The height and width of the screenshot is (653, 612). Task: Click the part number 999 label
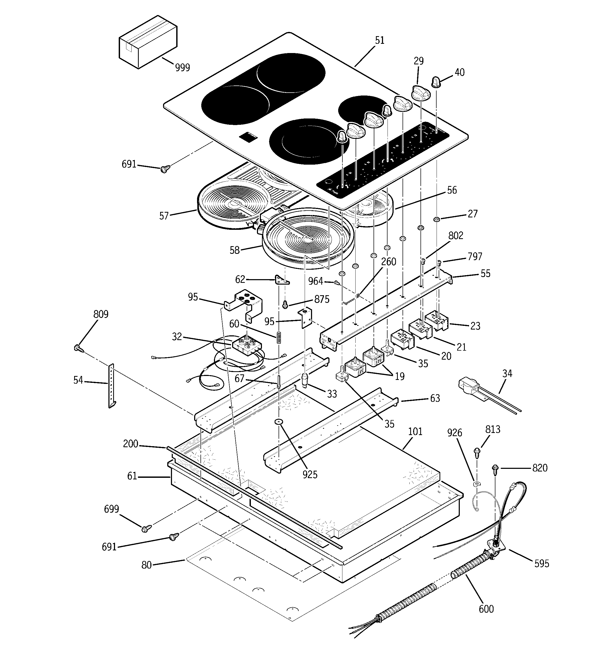click(x=182, y=67)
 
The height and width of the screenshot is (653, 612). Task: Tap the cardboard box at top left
click(x=147, y=43)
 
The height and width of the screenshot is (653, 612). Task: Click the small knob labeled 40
click(x=436, y=82)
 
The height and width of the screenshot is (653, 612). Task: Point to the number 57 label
click(x=164, y=216)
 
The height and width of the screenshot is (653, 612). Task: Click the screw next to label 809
click(x=78, y=349)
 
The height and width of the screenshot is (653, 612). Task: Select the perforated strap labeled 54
click(x=111, y=386)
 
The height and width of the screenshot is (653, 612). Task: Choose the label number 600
click(x=486, y=609)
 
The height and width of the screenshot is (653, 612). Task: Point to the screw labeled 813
click(x=477, y=453)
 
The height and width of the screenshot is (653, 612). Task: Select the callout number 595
click(x=541, y=564)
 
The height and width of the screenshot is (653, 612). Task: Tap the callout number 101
click(x=415, y=431)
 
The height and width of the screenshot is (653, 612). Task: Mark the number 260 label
click(x=389, y=262)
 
